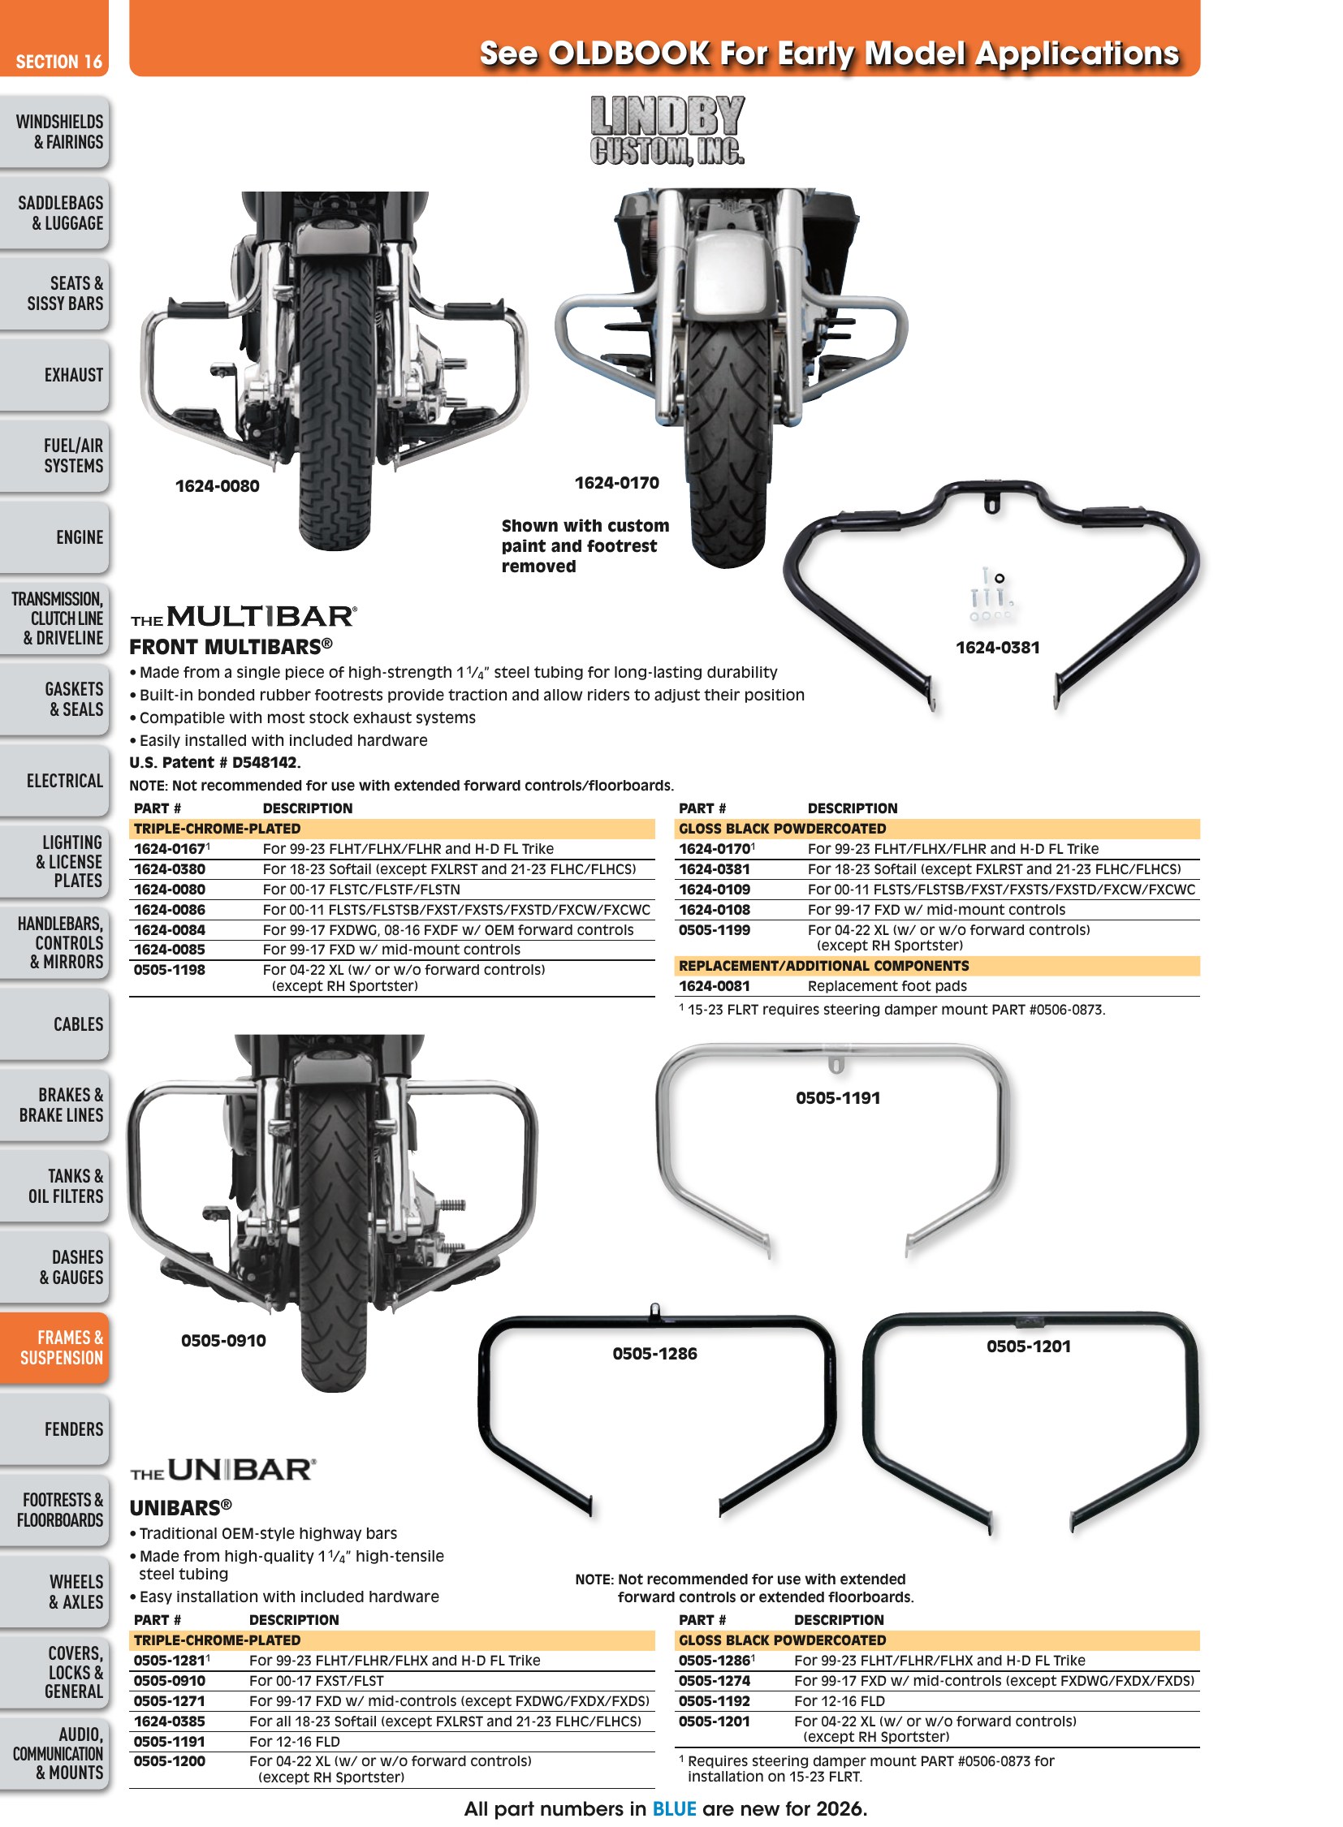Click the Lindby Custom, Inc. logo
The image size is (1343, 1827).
click(667, 131)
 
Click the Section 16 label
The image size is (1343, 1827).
click(58, 62)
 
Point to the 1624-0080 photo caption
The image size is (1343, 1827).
click(217, 486)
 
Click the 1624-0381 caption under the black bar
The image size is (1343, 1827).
click(997, 648)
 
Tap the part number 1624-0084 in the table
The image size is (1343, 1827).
click(170, 930)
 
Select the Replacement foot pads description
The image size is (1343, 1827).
click(887, 986)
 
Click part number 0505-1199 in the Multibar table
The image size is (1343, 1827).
click(715, 930)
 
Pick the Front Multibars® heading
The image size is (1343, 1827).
click(231, 647)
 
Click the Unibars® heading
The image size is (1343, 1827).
click(180, 1507)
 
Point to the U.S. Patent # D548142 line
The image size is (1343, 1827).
click(214, 762)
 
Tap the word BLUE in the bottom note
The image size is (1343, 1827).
click(674, 1808)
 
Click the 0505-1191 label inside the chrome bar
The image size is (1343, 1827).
click(838, 1098)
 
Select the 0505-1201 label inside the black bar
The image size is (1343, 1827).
click(1029, 1347)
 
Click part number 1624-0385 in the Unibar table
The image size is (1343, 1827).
click(170, 1721)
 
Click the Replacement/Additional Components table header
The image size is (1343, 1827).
click(823, 966)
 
